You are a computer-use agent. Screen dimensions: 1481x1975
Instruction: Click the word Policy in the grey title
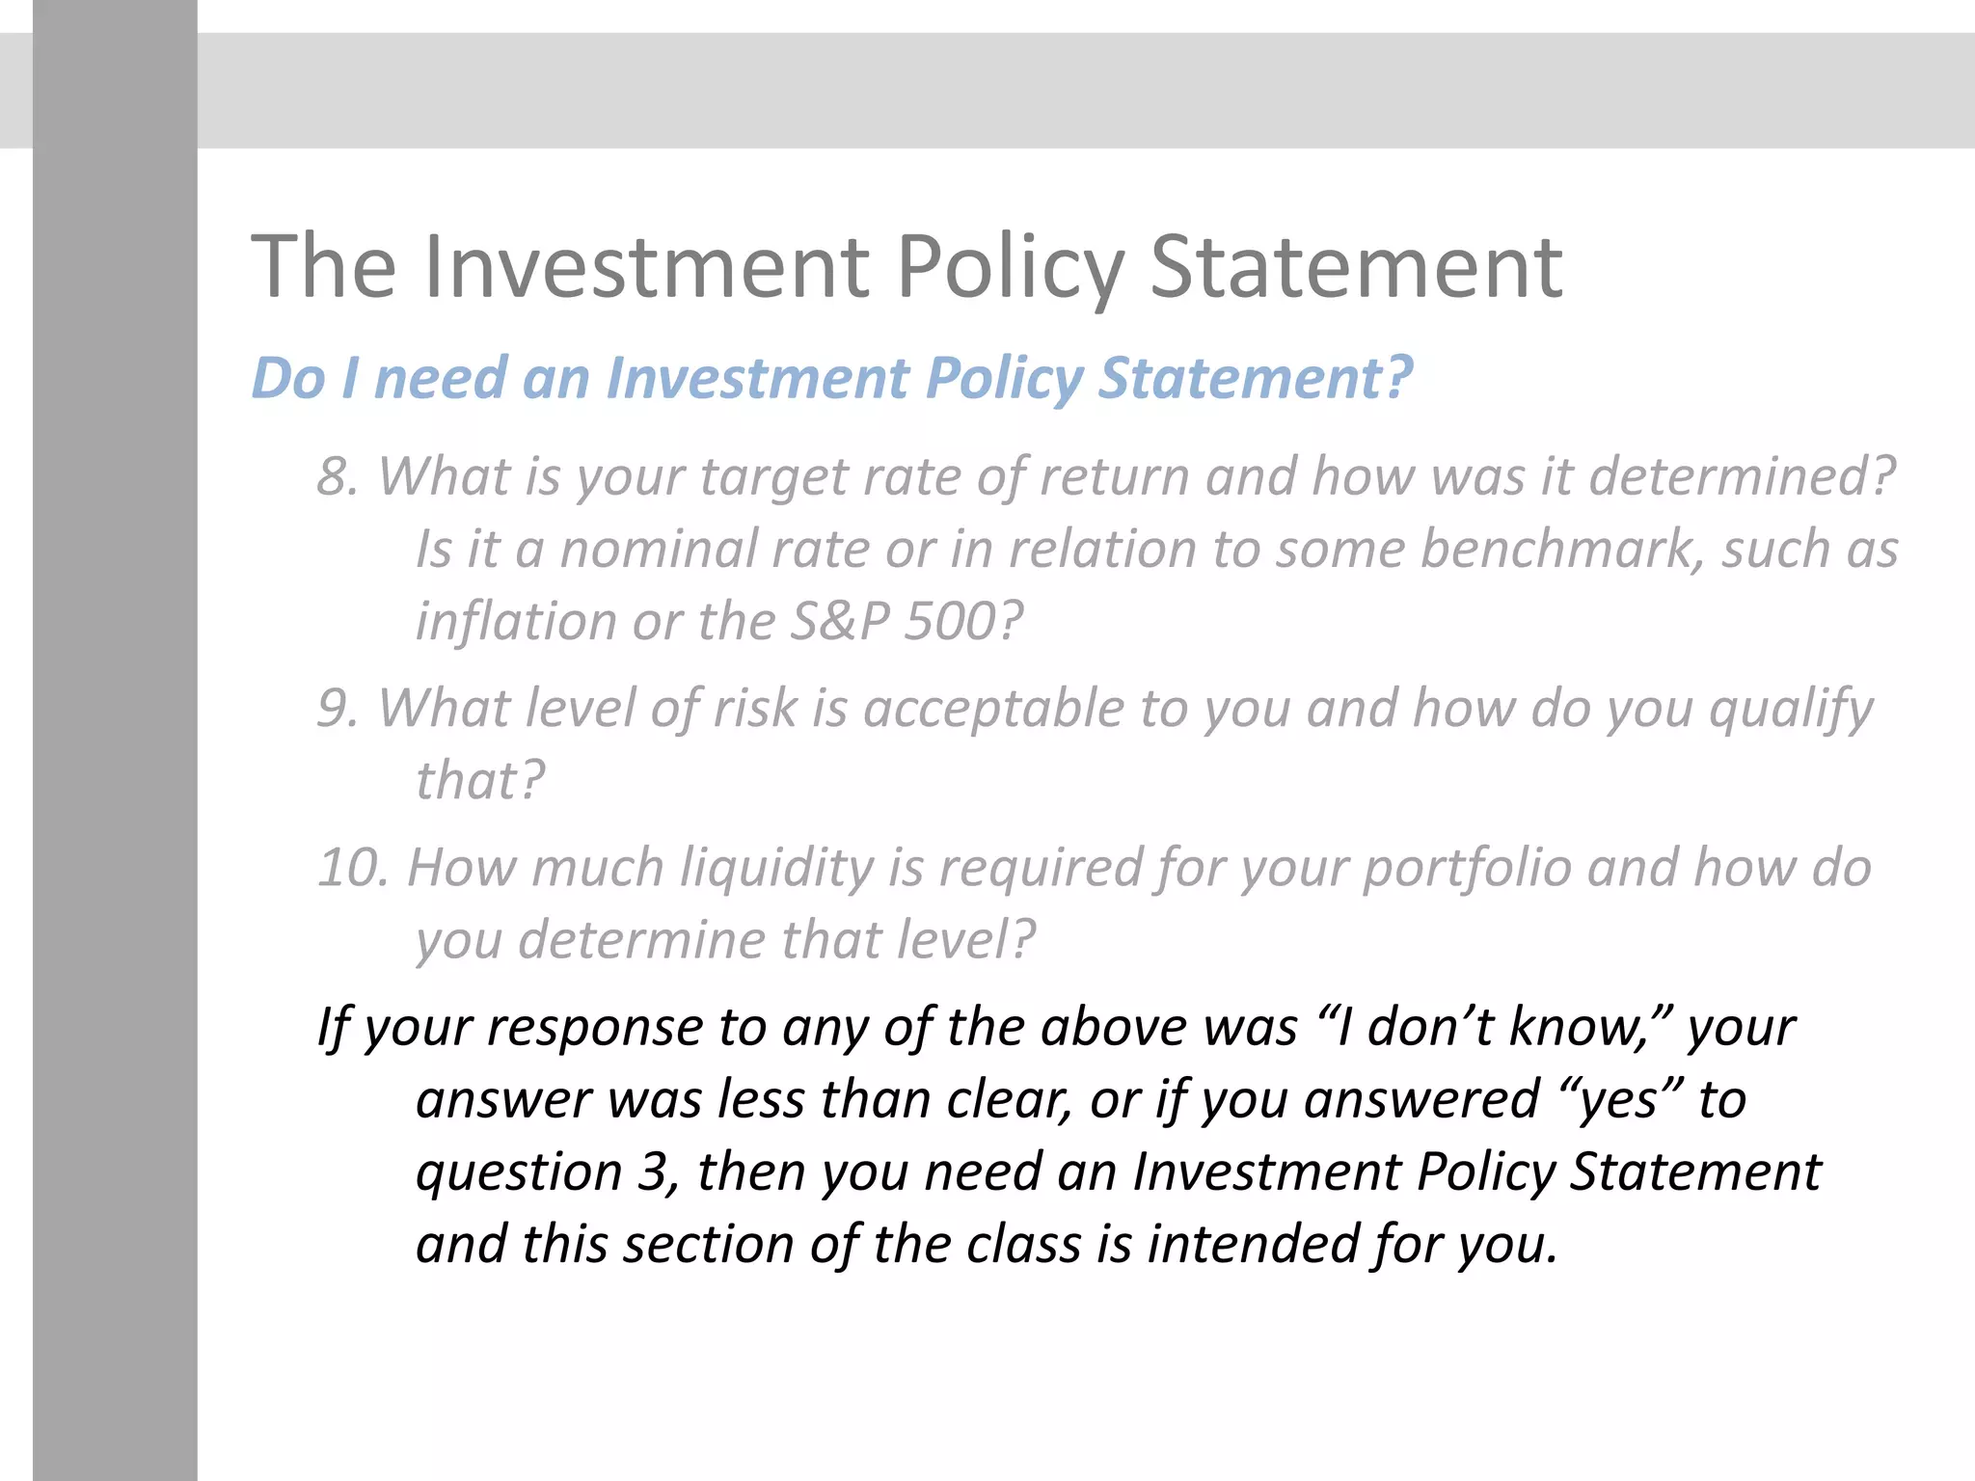coord(1010,268)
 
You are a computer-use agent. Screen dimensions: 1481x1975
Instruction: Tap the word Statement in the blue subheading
coord(1255,377)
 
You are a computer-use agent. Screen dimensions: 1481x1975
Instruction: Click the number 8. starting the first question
coord(338,476)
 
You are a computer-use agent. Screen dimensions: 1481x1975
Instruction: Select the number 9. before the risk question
coord(338,708)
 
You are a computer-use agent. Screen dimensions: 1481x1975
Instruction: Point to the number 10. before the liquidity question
coord(352,867)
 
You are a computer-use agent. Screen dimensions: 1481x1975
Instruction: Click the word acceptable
coord(993,710)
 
